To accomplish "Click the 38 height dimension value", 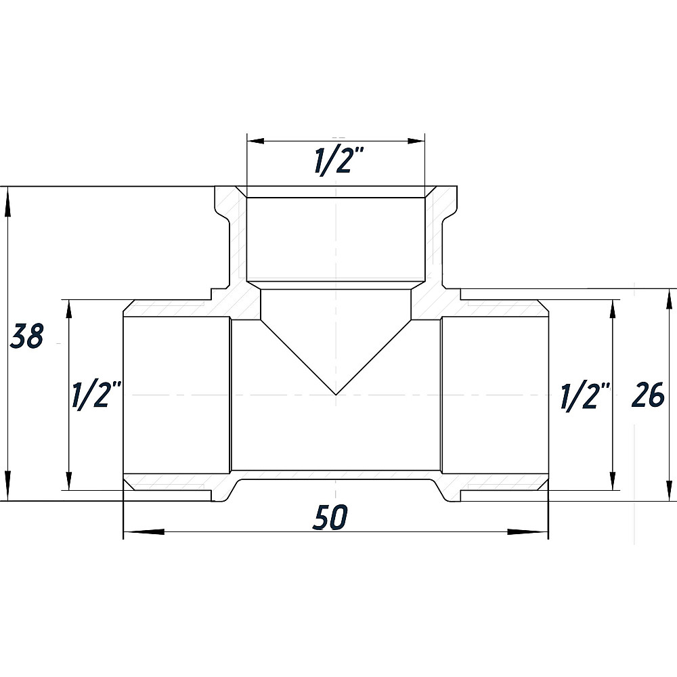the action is point(27,336).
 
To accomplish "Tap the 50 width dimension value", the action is point(330,518).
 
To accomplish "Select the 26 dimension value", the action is point(648,395).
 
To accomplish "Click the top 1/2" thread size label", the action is point(339,161).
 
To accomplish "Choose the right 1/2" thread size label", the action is point(585,395).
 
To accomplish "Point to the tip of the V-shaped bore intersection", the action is point(336,395).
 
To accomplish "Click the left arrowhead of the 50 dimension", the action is point(144,531).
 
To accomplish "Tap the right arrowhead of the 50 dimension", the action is point(527,531).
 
